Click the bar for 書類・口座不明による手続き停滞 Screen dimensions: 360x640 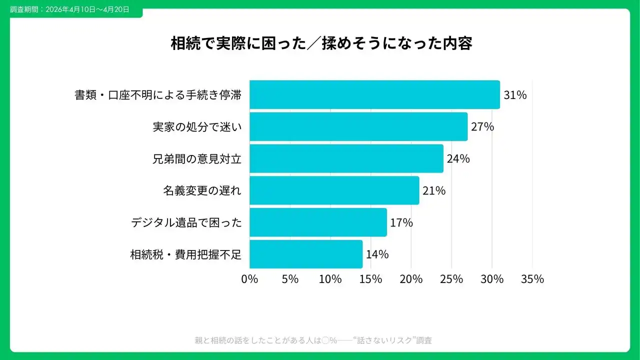tap(374, 94)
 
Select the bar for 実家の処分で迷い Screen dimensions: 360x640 tap(358, 126)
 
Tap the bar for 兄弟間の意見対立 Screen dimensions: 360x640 tap(346, 158)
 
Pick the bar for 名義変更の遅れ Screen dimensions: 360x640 tap(334, 190)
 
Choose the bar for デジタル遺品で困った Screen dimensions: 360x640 tap(318, 222)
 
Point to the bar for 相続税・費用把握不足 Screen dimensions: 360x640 tap(305, 254)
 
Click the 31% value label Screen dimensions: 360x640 tap(515, 95)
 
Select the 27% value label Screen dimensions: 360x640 tap(482, 127)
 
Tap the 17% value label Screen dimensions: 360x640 tap(401, 223)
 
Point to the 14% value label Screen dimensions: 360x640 tap(377, 254)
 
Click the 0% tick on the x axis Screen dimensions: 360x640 tap(249, 279)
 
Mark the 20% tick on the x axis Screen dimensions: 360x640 tap(411, 279)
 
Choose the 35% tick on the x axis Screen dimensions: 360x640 tap(532, 279)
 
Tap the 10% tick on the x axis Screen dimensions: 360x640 tap(330, 279)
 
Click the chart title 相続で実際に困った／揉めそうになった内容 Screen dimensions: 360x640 tap(321, 43)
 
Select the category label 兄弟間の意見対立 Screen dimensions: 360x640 tap(197, 159)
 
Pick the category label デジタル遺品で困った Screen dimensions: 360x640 tap(186, 223)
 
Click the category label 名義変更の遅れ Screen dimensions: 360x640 tap(202, 191)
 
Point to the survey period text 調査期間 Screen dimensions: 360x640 tap(69, 9)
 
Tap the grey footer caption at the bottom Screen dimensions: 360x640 tap(313, 340)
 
